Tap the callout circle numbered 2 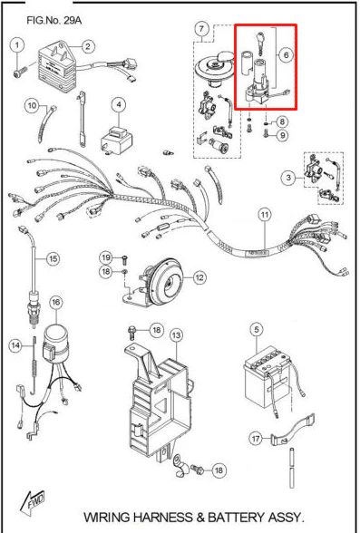click(88, 46)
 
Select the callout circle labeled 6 click(286, 54)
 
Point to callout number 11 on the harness click(265, 215)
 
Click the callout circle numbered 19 click(106, 257)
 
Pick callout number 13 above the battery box click(176, 335)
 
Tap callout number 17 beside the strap click(257, 438)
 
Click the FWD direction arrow click(33, 502)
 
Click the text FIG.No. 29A click(54, 20)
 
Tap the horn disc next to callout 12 click(167, 281)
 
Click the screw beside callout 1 click(19, 73)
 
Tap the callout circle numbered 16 click(56, 302)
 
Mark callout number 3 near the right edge click(288, 178)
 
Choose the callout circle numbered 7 click(201, 29)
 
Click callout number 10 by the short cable click(32, 105)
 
